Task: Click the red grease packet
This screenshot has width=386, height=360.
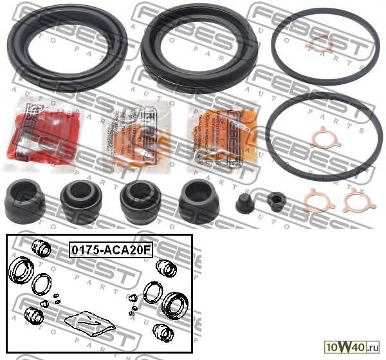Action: click(x=41, y=131)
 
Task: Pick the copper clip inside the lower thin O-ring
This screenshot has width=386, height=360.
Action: click(x=324, y=138)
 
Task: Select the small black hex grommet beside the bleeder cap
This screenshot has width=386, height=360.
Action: click(x=276, y=202)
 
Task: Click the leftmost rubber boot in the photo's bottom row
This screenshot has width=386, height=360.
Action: click(x=24, y=201)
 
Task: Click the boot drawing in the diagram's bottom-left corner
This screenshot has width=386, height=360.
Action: click(x=33, y=316)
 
